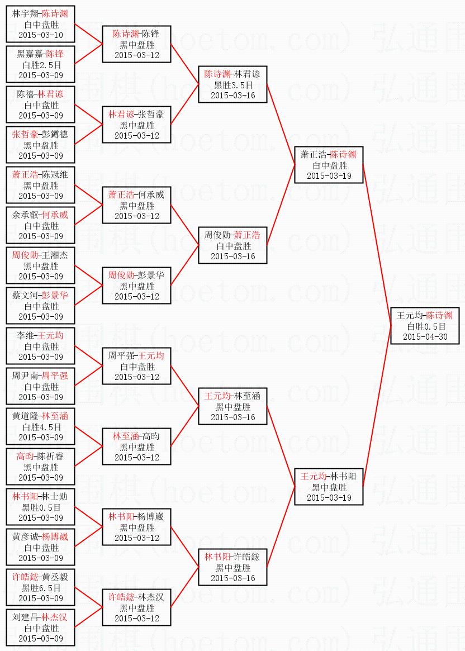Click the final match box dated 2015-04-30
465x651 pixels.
point(425,326)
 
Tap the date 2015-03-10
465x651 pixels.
point(41,35)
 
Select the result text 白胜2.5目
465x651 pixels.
point(41,65)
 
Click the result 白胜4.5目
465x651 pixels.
point(41,427)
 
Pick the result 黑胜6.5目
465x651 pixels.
point(41,588)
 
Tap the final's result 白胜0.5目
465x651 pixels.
point(425,326)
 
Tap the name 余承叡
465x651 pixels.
point(26,215)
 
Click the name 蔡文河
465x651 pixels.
point(26,296)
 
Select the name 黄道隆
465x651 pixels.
point(26,416)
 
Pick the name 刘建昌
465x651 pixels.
point(26,617)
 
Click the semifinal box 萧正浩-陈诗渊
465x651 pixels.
point(329,165)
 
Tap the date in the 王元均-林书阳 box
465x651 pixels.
point(329,497)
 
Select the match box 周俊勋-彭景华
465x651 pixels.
point(137,286)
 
